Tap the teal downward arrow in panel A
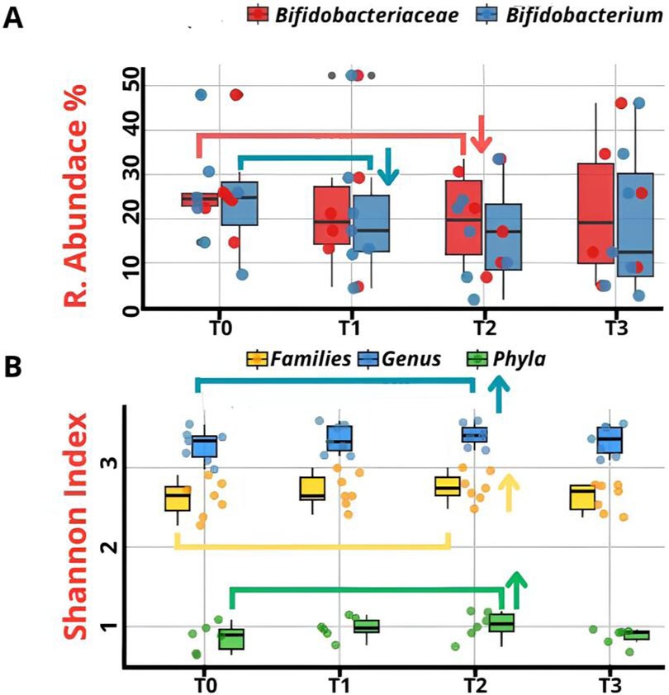(387, 164)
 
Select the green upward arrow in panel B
(516, 589)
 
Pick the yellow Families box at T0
(178, 499)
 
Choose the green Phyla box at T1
(365, 626)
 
